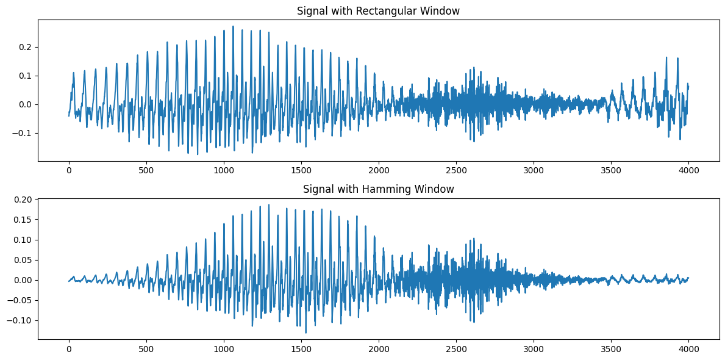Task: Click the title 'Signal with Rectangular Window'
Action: click(x=378, y=11)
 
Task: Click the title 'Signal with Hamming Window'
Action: click(x=378, y=189)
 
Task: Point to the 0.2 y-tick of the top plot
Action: click(x=26, y=47)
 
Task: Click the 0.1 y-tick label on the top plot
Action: click(x=26, y=76)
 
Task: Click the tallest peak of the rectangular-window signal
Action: click(x=233, y=26)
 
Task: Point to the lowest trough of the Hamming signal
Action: click(x=306, y=333)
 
